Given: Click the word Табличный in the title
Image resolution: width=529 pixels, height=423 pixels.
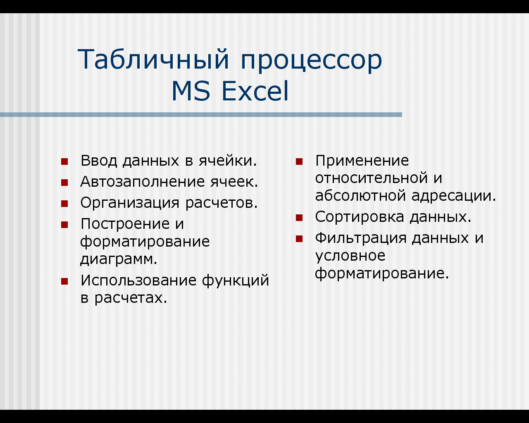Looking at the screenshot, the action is (x=153, y=59).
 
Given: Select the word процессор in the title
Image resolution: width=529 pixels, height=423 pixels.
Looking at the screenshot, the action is (x=311, y=62).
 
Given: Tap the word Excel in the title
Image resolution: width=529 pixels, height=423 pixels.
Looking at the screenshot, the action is (x=255, y=91).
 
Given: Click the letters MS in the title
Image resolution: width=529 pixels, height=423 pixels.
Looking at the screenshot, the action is (x=191, y=91).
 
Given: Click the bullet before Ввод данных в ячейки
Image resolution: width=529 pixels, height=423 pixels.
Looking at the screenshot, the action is (x=64, y=162).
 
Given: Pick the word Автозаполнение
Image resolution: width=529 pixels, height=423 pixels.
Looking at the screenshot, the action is (x=143, y=182).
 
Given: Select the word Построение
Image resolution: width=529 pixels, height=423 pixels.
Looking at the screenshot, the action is (x=125, y=224).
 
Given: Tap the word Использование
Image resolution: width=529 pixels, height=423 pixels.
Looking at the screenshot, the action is (x=138, y=280).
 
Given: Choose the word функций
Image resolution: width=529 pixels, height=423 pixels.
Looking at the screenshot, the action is (x=236, y=280).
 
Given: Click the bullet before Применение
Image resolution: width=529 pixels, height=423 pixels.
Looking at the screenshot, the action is (x=299, y=162).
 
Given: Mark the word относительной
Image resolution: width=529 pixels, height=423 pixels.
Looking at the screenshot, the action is (x=372, y=178).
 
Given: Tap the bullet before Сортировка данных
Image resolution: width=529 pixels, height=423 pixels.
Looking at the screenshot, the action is (x=299, y=218).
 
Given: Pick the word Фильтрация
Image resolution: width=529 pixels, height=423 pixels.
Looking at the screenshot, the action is (x=361, y=239).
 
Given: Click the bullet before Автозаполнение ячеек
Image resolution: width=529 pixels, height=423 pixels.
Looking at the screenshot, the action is (x=64, y=183).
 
